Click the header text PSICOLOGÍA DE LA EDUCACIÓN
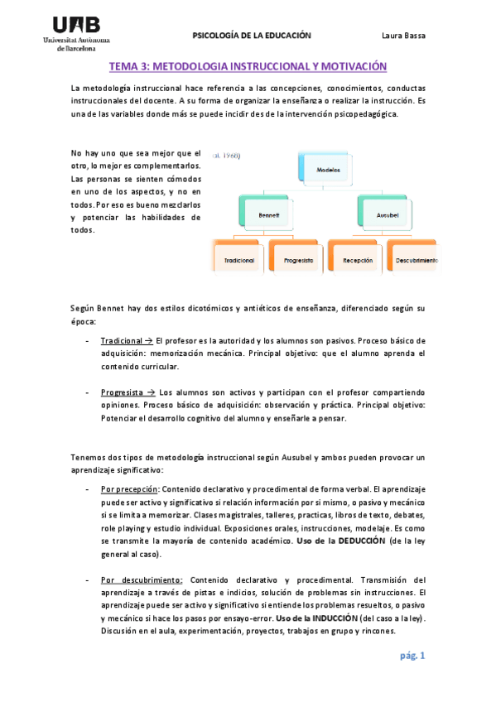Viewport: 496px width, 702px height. (x=252, y=36)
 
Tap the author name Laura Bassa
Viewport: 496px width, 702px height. (x=403, y=36)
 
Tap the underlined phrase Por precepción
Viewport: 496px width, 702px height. (x=129, y=488)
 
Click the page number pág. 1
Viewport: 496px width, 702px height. (x=411, y=656)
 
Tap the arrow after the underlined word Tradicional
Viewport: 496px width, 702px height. (x=147, y=340)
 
